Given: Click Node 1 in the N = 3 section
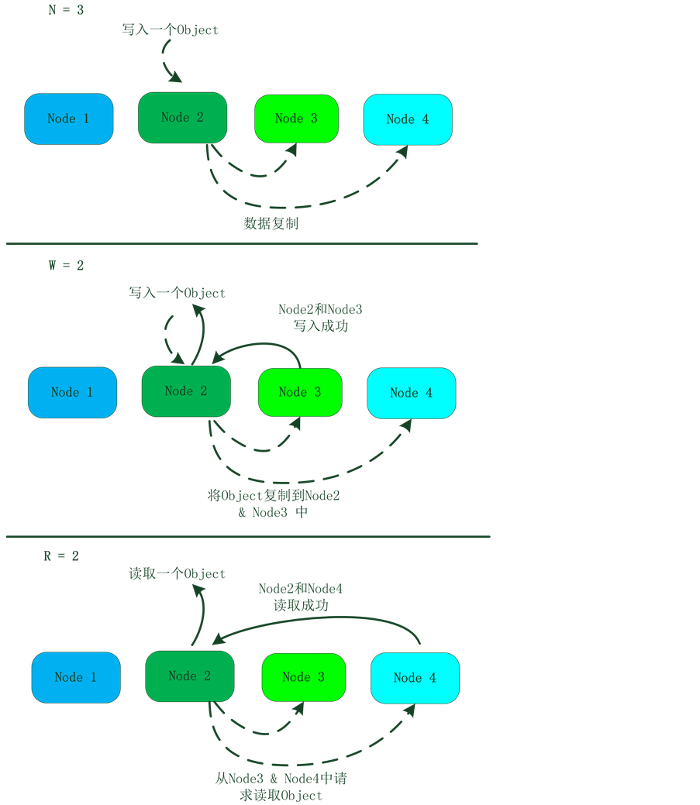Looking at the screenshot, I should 68,119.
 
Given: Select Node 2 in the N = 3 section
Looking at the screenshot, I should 182,118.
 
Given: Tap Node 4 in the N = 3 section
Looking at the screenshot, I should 408,119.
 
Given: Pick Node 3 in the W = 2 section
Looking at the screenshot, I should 299,392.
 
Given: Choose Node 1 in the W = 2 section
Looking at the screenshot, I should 72,392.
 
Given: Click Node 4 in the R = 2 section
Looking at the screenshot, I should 415,678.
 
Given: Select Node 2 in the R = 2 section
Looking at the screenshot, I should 189,676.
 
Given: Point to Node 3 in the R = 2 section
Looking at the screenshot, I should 303,677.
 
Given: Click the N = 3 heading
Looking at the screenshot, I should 65,10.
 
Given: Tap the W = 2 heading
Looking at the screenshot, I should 66,266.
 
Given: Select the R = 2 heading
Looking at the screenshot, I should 61,556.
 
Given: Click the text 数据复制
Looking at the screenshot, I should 271,224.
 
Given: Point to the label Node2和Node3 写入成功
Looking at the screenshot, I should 320,318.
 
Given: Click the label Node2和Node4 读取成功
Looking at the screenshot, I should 301,597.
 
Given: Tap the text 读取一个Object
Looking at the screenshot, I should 177,574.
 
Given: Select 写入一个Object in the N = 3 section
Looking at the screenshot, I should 171,30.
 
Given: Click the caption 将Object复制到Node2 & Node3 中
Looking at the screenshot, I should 274,504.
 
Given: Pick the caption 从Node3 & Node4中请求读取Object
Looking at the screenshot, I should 281,786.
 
